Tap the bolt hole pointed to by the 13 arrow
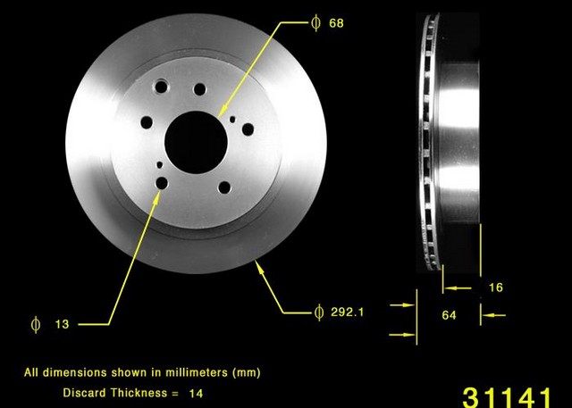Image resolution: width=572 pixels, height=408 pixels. [162, 183]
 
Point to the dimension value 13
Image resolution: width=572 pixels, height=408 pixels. [61, 325]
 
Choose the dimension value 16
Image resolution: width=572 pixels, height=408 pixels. [496, 287]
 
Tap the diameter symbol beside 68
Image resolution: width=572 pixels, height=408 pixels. [315, 22]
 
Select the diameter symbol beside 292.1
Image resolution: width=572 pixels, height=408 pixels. [318, 312]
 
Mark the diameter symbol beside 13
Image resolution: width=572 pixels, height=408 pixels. [34, 325]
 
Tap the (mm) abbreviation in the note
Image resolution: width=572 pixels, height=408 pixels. [246, 371]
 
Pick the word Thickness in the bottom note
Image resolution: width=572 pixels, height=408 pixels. [138, 392]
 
